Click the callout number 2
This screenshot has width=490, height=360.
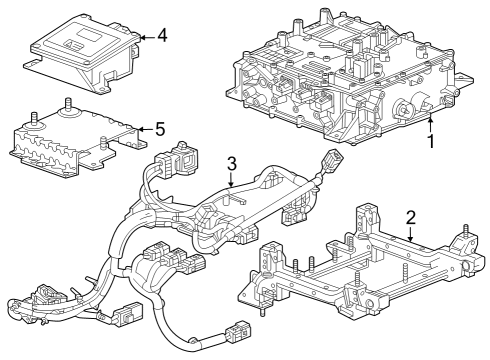(x=410, y=217)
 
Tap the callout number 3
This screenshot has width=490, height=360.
(x=230, y=163)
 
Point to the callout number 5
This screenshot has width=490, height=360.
(x=160, y=129)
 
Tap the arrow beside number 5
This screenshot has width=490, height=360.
(x=140, y=129)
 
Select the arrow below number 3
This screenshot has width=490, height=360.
(x=230, y=181)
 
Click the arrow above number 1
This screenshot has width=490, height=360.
(x=429, y=122)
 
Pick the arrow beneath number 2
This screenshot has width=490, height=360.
(x=410, y=234)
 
